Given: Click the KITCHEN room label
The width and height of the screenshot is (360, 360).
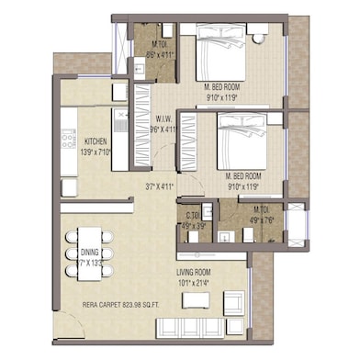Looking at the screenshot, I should pos(95,141).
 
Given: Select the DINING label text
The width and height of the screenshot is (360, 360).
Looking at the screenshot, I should pos(89,251).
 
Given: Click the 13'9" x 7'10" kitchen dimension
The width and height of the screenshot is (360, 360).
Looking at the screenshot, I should pos(95,152).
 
